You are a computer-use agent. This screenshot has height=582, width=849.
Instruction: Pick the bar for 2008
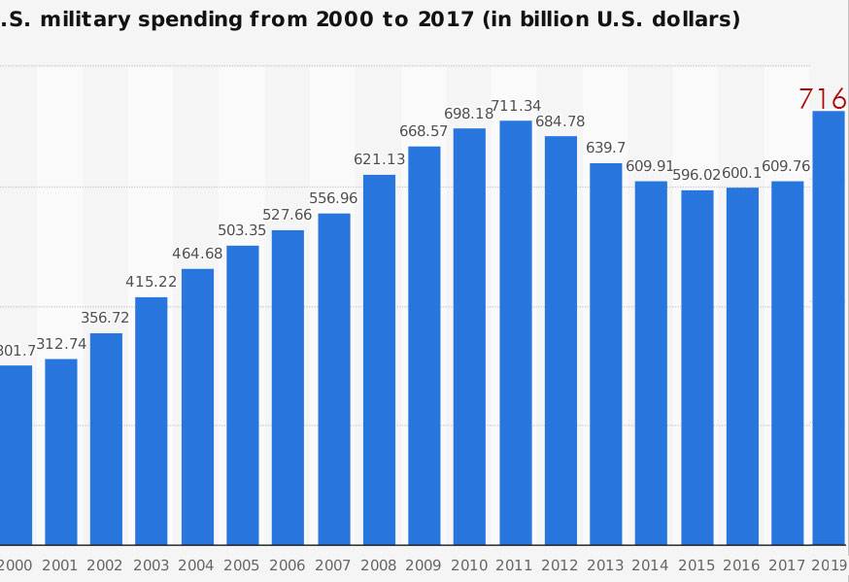coord(379,359)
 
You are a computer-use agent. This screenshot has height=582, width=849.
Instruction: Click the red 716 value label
coord(823,99)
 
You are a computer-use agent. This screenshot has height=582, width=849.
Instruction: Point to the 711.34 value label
coord(516,106)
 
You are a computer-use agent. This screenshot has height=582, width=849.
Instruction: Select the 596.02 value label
coord(696,175)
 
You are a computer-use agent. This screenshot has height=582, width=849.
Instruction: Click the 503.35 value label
coord(243,230)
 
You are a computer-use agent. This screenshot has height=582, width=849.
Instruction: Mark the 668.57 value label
coord(424,131)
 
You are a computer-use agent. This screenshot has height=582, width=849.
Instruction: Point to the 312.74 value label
coord(61,344)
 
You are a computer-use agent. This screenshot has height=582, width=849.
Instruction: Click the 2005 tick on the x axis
coord(243,565)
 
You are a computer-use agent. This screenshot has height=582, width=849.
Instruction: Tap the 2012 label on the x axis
coord(560,565)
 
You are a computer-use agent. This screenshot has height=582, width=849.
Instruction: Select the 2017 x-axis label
coord(788,565)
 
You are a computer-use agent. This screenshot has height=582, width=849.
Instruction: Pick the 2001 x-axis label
coord(60,565)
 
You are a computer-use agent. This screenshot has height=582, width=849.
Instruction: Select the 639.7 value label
coord(605,148)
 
